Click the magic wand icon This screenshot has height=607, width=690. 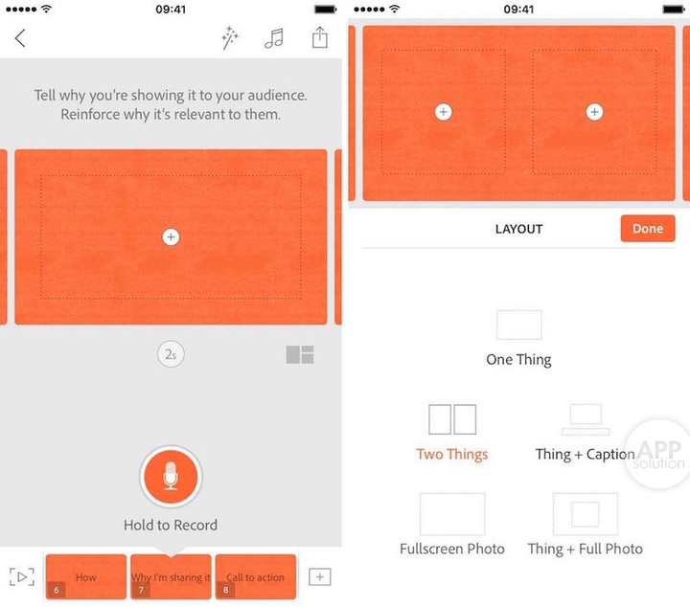pyautogui.click(x=230, y=37)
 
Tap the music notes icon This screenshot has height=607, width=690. pyautogui.click(x=274, y=38)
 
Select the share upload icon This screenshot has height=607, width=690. pyautogui.click(x=320, y=37)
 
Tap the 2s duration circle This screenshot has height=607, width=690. pyautogui.click(x=171, y=354)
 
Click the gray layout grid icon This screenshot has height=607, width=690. pyautogui.click(x=300, y=354)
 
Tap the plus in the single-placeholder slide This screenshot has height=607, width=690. pyautogui.click(x=171, y=236)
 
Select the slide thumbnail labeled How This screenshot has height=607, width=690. pyautogui.click(x=86, y=576)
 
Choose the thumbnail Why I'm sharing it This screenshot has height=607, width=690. pyautogui.click(x=171, y=576)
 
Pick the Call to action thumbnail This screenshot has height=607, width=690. pyautogui.click(x=256, y=576)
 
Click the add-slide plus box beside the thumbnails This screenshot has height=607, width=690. pyautogui.click(x=320, y=576)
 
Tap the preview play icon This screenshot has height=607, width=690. pyautogui.click(x=22, y=576)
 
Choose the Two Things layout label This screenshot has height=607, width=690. pyautogui.click(x=452, y=454)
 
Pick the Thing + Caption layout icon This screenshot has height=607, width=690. pyautogui.click(x=586, y=419)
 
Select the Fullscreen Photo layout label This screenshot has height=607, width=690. pyautogui.click(x=452, y=549)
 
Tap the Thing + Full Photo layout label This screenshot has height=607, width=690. pyautogui.click(x=586, y=549)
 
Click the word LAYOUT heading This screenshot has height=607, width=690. pyautogui.click(x=518, y=229)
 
